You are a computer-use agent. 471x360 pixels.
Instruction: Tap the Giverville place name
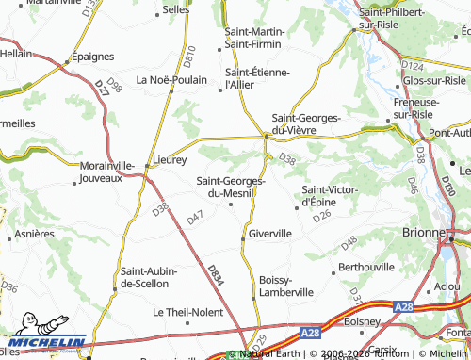pyautogui.click(x=271, y=233)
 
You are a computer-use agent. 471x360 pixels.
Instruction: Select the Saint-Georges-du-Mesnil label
pyautogui.click(x=230, y=188)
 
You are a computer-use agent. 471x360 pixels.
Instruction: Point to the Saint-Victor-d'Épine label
pyautogui.click(x=329, y=196)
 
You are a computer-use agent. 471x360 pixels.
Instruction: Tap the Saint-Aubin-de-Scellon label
pyautogui.click(x=144, y=277)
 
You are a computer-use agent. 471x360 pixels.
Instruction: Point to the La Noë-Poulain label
pyautogui.click(x=171, y=79)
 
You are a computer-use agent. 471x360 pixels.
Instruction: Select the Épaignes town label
pyautogui.click(x=92, y=57)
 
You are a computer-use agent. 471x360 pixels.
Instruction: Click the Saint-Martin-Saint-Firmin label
pyautogui.click(x=255, y=38)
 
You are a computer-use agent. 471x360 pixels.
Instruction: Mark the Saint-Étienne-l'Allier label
pyautogui.click(x=257, y=78)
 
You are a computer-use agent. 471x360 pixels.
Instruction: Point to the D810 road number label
pyautogui.click(x=190, y=57)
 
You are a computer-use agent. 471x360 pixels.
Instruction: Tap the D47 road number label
pyautogui.click(x=195, y=218)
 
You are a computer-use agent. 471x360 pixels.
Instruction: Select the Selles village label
pyautogui.click(x=176, y=9)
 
